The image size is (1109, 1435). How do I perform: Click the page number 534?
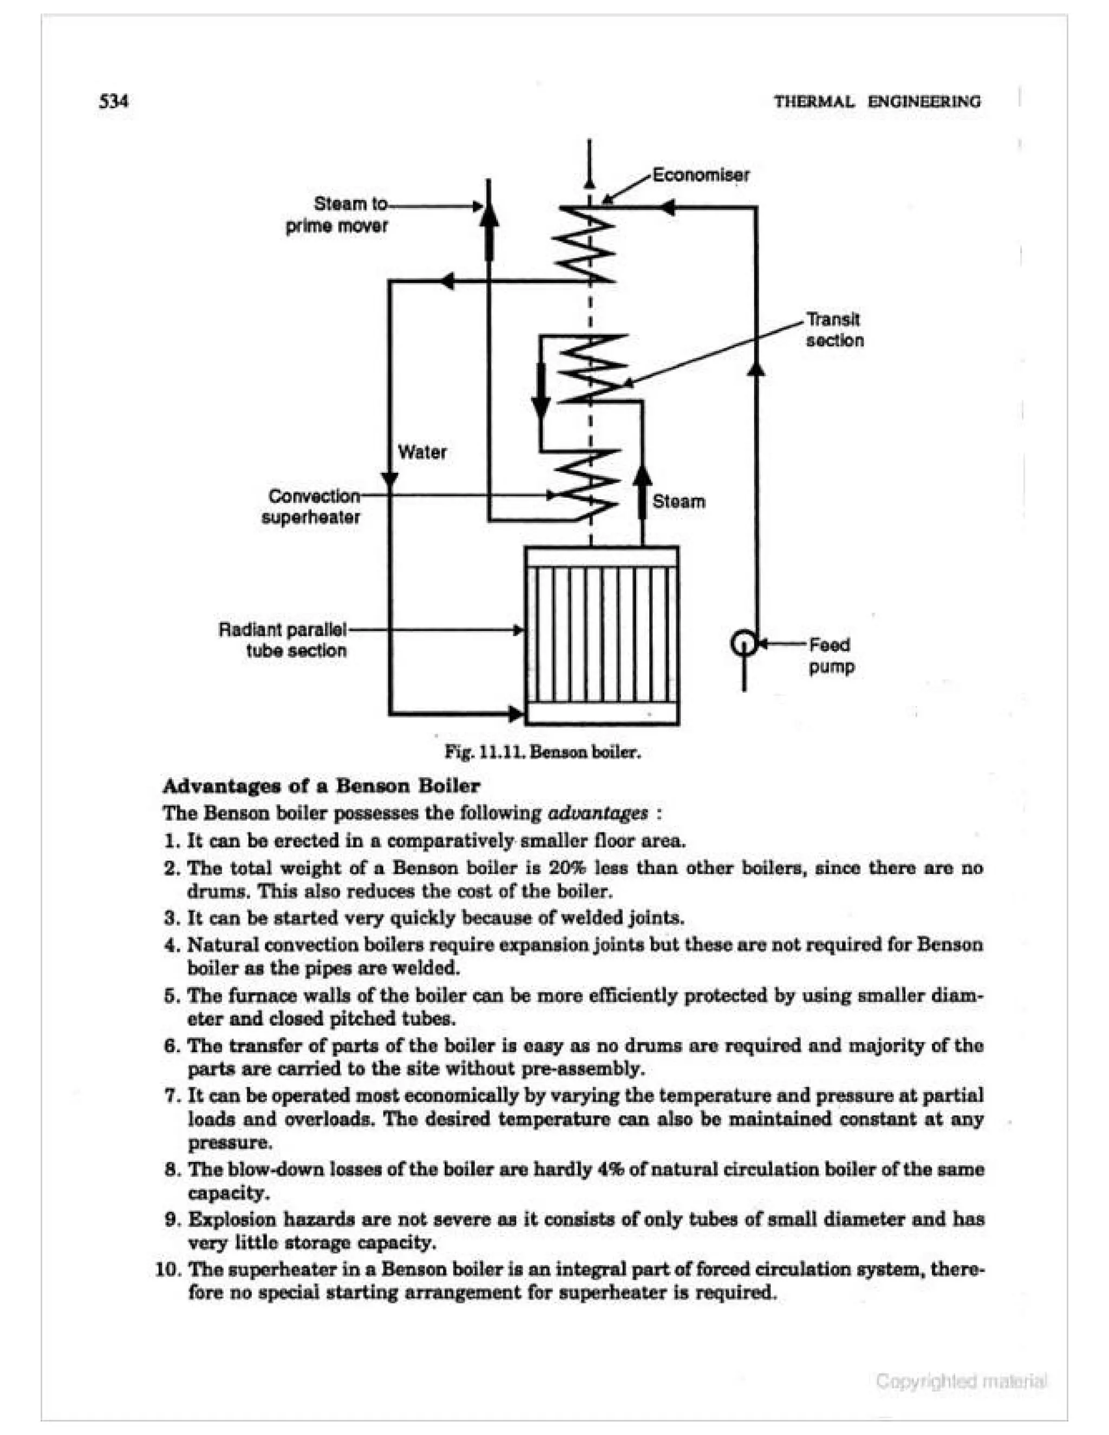pos(114,102)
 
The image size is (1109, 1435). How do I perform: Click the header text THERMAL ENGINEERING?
pos(877,102)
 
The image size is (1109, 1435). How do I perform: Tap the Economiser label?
pos(700,175)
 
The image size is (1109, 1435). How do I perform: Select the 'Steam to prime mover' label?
pos(337,214)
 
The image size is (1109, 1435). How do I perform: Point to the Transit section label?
pos(834,330)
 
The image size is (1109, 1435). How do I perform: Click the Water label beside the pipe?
pos(422,452)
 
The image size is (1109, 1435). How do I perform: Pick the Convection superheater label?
pos(311,507)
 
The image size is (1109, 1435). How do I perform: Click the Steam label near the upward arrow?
pos(679,501)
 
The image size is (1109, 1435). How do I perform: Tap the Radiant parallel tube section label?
pos(283,640)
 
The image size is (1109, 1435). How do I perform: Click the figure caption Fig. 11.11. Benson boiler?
pos(542,752)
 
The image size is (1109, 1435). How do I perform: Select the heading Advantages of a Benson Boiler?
pos(321,786)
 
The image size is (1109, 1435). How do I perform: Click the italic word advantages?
pos(597,813)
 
